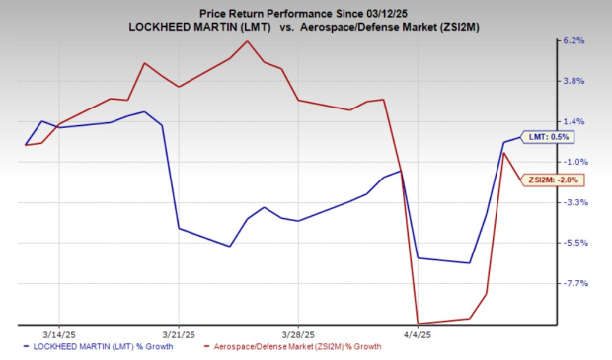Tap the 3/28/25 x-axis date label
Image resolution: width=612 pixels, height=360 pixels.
pos(298,333)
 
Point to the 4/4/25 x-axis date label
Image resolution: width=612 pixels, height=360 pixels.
pos(418,333)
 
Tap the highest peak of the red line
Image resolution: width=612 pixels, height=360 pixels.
pos(247,41)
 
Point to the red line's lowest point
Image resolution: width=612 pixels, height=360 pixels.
pos(419,324)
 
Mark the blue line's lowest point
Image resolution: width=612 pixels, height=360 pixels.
pos(469,263)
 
